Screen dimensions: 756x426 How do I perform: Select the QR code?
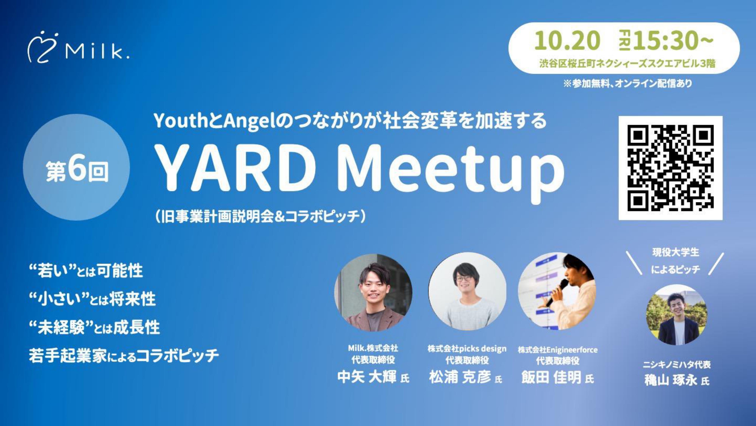(670, 168)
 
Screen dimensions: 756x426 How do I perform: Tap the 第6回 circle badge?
(76, 167)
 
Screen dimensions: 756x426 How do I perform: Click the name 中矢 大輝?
(367, 377)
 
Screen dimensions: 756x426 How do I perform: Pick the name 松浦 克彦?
(460, 377)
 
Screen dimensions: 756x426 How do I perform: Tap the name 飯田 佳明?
(551, 377)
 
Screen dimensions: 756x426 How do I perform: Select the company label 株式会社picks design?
(467, 349)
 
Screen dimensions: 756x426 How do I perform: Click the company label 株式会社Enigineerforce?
(558, 350)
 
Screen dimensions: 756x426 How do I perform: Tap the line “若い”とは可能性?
(86, 271)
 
